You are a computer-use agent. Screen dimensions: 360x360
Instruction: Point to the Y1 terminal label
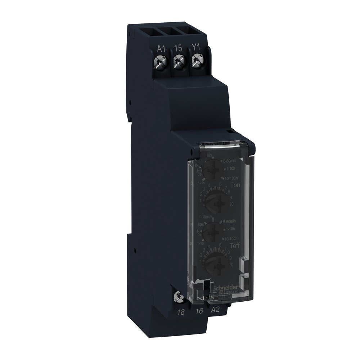point(195,48)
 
